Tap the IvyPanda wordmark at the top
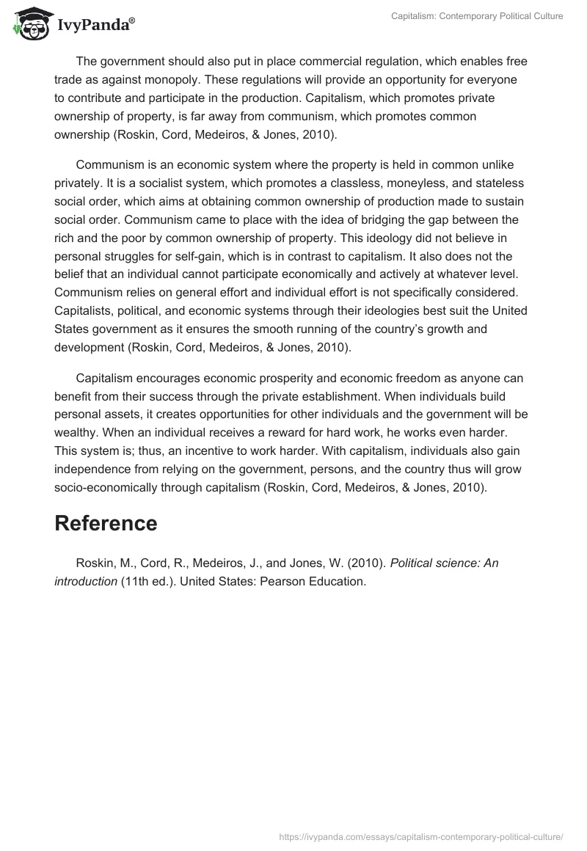pyautogui.click(x=95, y=25)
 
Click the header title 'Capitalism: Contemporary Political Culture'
pyautogui.click(x=477, y=16)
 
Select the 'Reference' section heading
pyautogui.click(x=106, y=523)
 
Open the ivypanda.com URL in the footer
pyautogui.click(x=421, y=836)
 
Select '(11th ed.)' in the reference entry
pyautogui.click(x=149, y=581)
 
